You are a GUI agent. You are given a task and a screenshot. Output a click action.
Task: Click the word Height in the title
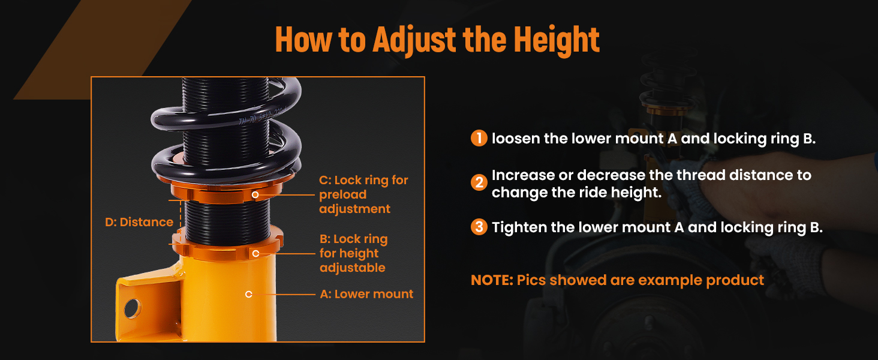click(x=557, y=40)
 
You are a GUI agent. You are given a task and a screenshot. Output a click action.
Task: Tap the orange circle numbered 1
click(x=479, y=138)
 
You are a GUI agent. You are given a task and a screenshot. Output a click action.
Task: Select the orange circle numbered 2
click(x=479, y=183)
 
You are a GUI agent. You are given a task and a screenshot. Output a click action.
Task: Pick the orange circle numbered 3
click(x=479, y=227)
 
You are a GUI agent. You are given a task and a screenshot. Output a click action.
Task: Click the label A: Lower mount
click(x=366, y=294)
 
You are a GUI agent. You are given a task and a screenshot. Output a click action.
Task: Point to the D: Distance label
click(x=139, y=223)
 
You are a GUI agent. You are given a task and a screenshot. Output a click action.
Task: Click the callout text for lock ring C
click(x=363, y=194)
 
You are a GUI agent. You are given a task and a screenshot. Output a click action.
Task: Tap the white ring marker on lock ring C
click(x=255, y=194)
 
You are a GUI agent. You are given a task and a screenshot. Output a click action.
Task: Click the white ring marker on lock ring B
click(x=255, y=254)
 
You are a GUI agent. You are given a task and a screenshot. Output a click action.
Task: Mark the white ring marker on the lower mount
click(x=248, y=294)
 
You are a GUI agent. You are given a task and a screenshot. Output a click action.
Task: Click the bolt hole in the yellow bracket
click(x=133, y=308)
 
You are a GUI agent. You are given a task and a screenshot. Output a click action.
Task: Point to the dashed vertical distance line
click(x=181, y=222)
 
